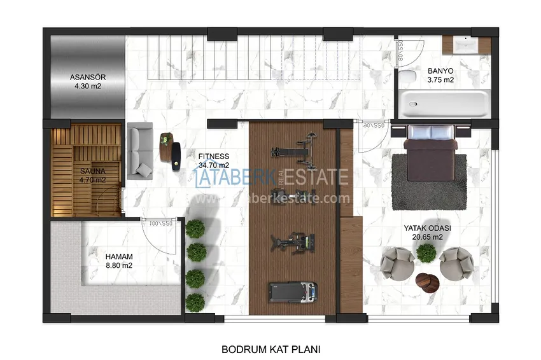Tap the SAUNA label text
pos(92,171)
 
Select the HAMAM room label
pos(118,256)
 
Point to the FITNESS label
pos(213,156)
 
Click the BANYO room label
pos(440,71)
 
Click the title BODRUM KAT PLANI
pos(270,349)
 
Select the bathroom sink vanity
pos(467,46)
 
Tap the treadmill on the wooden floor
pos(292,293)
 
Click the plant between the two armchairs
pos(426,253)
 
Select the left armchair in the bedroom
pos(398,263)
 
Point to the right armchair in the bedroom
pos(456,263)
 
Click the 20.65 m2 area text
pos(427,237)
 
